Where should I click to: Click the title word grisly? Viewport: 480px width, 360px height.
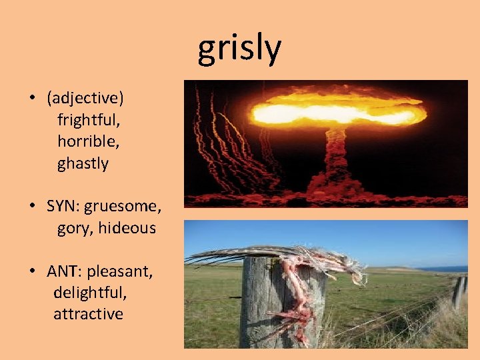(239, 48)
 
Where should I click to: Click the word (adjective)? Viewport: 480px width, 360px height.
(85, 98)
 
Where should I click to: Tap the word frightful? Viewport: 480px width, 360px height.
(89, 120)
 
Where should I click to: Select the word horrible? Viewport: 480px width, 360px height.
(89, 141)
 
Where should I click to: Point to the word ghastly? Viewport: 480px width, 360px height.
(83, 163)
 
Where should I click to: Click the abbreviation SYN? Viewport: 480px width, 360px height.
(63, 206)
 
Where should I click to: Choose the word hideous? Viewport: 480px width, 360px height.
(127, 228)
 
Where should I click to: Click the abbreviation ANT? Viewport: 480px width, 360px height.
(63, 271)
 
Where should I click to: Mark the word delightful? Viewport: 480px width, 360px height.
(90, 292)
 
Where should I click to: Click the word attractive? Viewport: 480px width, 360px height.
(89, 313)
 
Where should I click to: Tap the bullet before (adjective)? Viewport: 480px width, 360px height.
(32, 99)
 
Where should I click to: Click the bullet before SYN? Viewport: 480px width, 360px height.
(32, 207)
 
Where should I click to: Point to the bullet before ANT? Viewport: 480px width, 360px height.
(32, 272)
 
